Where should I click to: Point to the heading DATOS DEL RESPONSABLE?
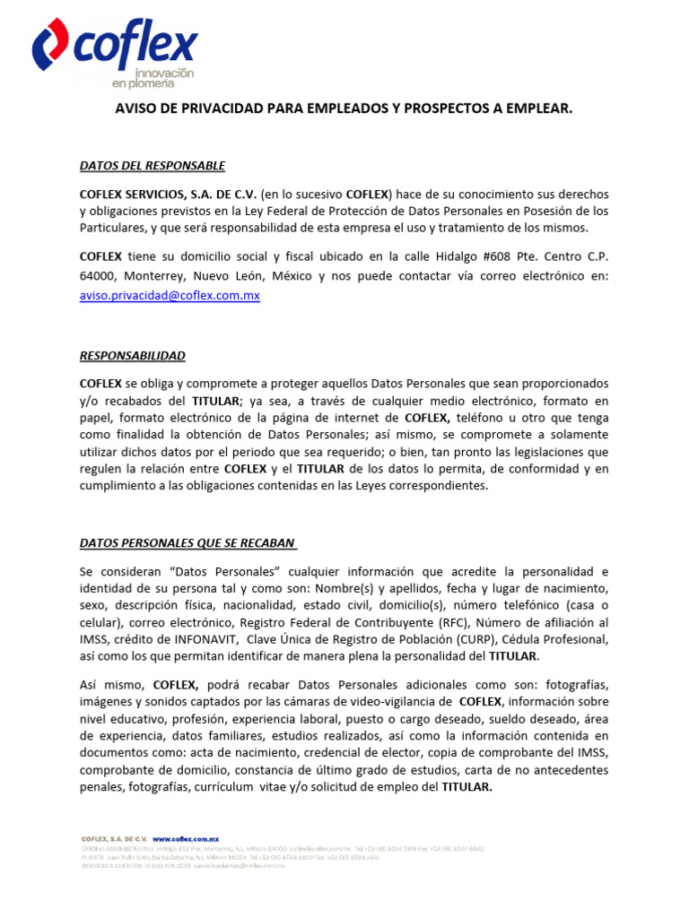coord(153,166)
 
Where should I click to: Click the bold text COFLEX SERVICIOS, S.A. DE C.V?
coord(168,195)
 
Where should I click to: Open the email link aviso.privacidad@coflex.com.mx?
coord(170,295)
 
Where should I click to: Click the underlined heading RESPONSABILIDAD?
coord(133,356)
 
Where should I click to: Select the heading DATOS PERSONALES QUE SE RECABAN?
coord(188,543)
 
